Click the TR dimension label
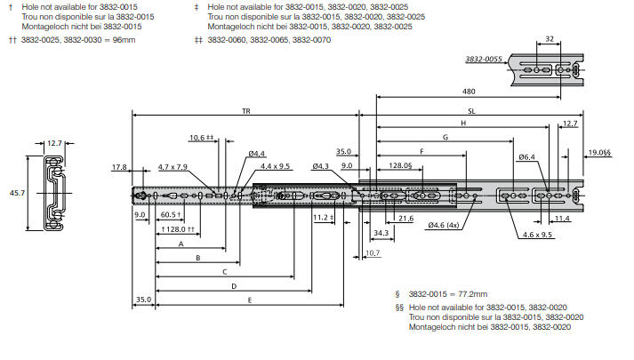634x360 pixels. pos(245,110)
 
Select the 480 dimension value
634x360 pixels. pos(468,91)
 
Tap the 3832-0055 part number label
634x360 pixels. pos(484,60)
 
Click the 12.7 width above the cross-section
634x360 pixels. pos(55,142)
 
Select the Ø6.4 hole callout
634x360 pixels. pos(526,157)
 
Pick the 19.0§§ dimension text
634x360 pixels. pos(599,153)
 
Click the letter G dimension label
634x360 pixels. pos(444,138)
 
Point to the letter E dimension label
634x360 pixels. pos(250,300)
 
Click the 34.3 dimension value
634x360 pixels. pos(381,233)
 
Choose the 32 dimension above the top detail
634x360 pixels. pos(549,39)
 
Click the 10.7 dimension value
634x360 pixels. pos(372,253)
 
